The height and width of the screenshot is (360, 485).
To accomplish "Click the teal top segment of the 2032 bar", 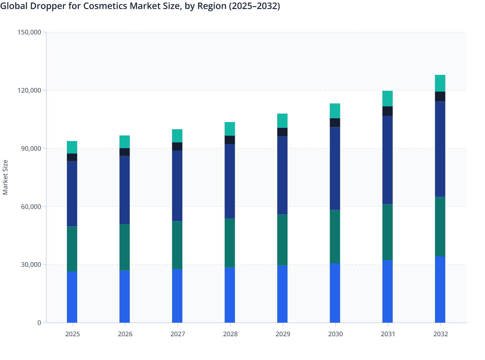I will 440,83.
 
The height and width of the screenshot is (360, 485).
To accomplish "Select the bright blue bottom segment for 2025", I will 72,297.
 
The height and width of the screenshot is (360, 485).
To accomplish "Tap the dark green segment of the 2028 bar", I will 230,243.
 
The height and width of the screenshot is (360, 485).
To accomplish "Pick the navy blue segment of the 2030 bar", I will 335,168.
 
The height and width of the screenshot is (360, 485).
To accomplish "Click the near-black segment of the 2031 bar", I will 387,111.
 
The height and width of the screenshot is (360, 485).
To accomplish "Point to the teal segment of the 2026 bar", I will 124,142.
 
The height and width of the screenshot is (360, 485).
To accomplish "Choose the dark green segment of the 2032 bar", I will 440,227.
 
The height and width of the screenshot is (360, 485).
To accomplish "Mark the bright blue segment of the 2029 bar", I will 282,294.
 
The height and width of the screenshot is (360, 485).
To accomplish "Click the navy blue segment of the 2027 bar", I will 177,186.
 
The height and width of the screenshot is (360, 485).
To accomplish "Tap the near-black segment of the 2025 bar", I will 72,157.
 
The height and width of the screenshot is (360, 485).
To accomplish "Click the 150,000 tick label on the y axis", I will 29,32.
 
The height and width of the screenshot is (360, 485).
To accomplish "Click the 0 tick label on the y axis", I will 39,323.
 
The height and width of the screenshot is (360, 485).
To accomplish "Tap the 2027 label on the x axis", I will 178,334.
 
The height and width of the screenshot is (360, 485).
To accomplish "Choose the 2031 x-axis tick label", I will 388,334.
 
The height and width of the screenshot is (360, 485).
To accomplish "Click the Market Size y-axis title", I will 5,177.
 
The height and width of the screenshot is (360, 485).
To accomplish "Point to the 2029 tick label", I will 283,334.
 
